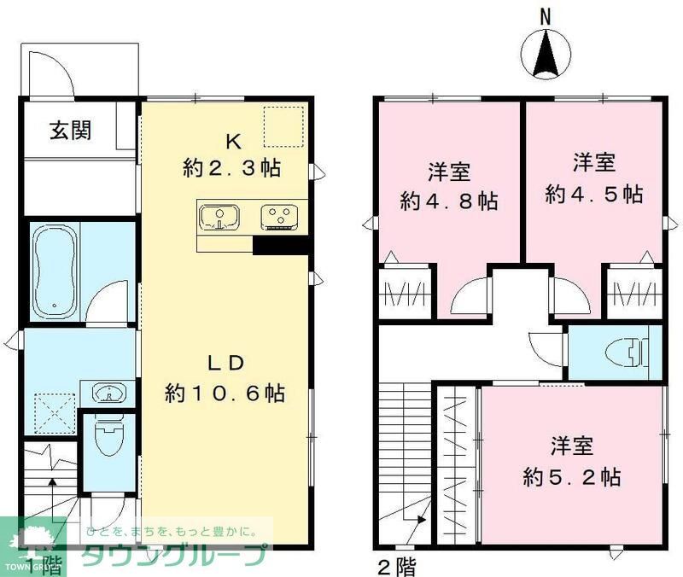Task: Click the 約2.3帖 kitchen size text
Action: tap(231, 168)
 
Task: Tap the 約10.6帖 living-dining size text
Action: tap(225, 393)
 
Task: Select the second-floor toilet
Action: tap(630, 351)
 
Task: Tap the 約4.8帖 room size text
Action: tap(450, 201)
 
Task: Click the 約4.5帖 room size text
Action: tap(594, 193)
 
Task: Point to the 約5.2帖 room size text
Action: tap(571, 475)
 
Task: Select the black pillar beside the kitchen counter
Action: tap(281, 244)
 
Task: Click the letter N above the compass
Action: tap(546, 15)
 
